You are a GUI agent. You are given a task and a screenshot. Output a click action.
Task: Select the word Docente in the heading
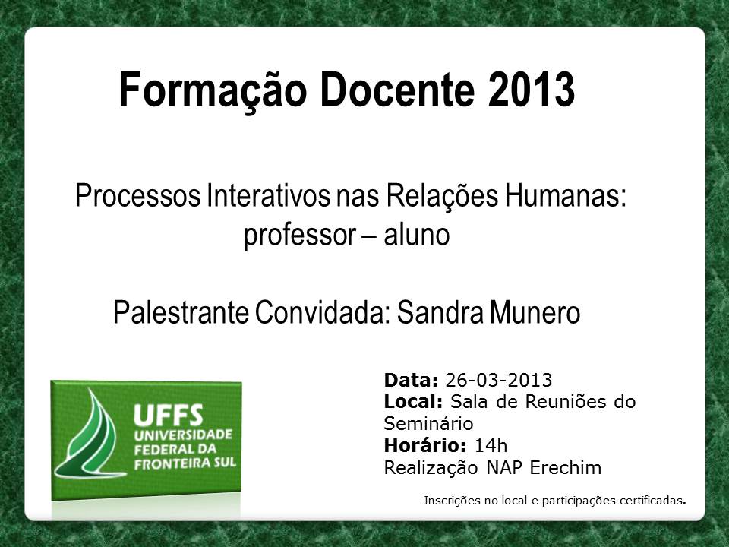pos(397,90)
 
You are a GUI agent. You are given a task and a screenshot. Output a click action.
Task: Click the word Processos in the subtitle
pos(137,196)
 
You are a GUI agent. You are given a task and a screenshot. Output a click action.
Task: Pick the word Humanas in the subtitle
pos(565,195)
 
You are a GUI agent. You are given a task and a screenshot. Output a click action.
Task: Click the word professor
pos(300,235)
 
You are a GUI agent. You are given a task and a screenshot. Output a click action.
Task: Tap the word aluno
pos(417,235)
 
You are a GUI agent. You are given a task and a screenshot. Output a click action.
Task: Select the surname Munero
pos(535,311)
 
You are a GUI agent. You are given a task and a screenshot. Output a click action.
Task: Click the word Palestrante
pos(181,311)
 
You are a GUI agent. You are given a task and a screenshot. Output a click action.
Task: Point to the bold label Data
pos(411,380)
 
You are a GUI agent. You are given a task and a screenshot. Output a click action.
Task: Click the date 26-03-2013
pos(499,380)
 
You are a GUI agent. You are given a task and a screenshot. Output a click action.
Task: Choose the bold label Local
pos(413,401)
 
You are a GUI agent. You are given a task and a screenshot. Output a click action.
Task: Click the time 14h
pos(491,446)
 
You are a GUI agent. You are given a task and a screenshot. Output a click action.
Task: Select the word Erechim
pos(565,467)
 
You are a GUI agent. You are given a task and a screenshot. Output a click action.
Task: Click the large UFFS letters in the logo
pos(169,415)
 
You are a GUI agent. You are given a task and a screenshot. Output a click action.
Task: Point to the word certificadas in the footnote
pos(651,501)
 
